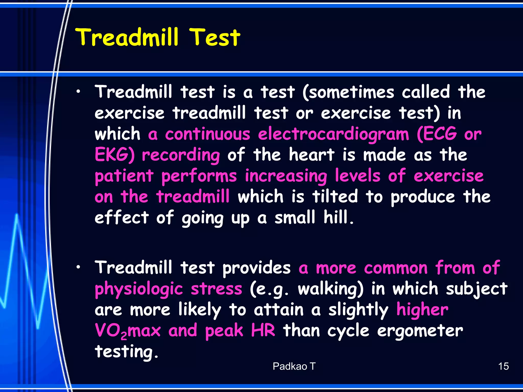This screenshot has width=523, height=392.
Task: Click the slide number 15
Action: click(x=503, y=366)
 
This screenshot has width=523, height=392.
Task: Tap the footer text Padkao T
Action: click(x=294, y=366)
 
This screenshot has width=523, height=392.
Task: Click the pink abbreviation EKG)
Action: click(x=114, y=155)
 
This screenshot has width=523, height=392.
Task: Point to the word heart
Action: click(x=312, y=155)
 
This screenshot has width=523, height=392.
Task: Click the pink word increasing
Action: click(x=286, y=176)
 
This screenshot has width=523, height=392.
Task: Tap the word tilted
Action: click(x=335, y=197)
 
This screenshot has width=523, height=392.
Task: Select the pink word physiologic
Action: click(x=139, y=289)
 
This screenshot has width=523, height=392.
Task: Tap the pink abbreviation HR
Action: click(x=263, y=330)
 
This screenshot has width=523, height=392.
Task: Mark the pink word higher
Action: click(x=422, y=310)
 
